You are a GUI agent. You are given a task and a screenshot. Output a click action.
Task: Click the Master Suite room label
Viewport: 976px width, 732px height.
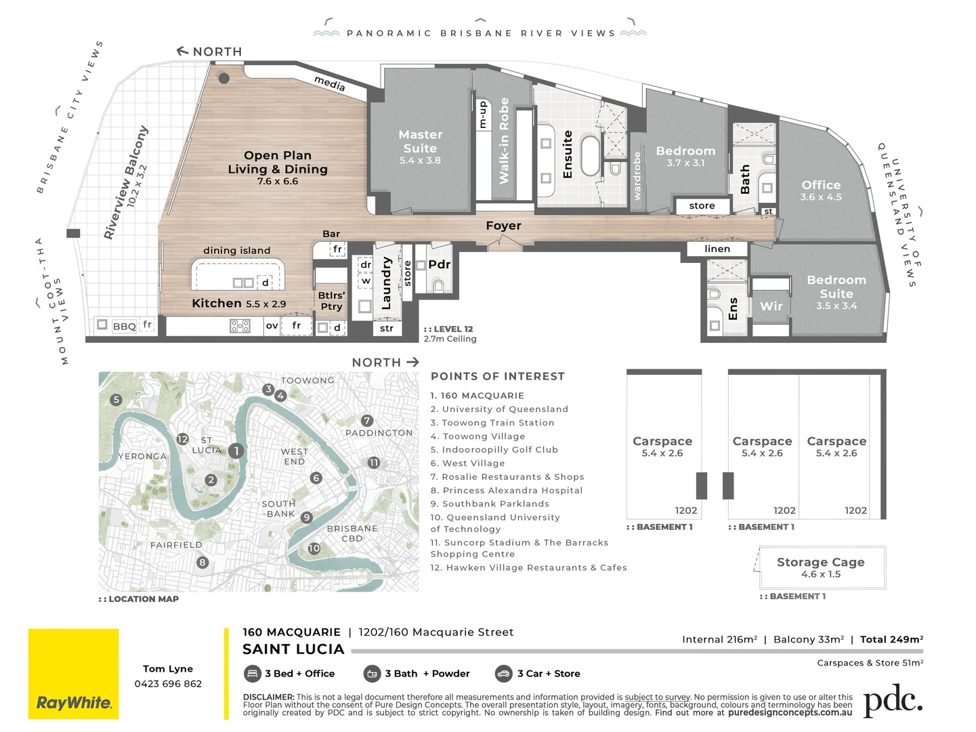(x=420, y=142)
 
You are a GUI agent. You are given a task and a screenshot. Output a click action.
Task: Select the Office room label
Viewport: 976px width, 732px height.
(x=821, y=185)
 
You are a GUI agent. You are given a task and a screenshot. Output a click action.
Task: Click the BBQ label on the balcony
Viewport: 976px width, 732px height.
(x=124, y=326)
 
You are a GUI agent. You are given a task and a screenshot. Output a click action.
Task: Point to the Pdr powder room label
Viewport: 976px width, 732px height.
(x=439, y=264)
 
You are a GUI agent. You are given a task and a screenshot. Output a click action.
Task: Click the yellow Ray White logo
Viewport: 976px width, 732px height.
(x=73, y=674)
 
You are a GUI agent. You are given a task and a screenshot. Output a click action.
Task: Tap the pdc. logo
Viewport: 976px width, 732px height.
(x=892, y=701)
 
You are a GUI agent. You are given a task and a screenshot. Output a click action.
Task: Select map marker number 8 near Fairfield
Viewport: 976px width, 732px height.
(x=202, y=562)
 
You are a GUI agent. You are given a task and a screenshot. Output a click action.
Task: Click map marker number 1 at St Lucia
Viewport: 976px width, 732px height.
(x=236, y=451)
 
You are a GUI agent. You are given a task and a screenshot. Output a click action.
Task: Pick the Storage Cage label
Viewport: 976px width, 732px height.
(x=820, y=562)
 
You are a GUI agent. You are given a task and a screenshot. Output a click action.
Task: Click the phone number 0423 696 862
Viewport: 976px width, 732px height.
(x=168, y=684)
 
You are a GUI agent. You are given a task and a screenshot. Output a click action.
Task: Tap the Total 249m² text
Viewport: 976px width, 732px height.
(x=891, y=639)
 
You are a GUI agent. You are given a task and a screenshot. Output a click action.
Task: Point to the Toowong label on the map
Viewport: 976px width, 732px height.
(x=307, y=380)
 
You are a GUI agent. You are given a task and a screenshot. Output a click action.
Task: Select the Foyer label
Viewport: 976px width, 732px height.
(x=503, y=226)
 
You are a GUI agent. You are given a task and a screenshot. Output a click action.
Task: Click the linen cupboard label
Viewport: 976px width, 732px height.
(x=717, y=249)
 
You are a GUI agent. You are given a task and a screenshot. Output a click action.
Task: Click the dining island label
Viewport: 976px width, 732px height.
(x=236, y=251)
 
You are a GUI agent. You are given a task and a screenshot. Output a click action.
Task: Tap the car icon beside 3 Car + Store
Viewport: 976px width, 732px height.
(x=503, y=673)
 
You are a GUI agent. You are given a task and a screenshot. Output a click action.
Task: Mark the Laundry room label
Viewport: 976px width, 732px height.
(x=387, y=283)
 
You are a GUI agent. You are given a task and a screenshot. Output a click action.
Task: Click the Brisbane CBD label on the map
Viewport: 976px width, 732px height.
(x=352, y=533)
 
